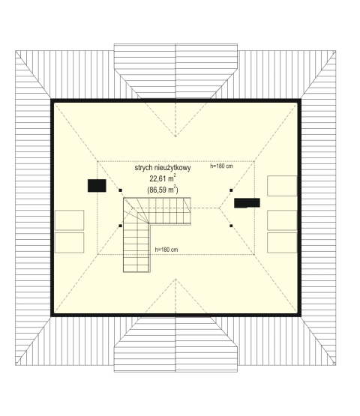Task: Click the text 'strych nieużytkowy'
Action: click(x=163, y=168)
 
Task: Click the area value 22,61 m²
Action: click(x=163, y=178)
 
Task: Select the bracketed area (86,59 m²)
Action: click(x=163, y=190)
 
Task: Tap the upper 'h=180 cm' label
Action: click(x=221, y=166)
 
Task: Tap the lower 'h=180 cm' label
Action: click(x=166, y=250)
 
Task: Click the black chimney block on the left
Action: click(x=97, y=186)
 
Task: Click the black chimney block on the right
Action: click(x=247, y=203)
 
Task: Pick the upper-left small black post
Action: click(x=121, y=190)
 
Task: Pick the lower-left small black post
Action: click(x=121, y=226)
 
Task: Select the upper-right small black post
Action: click(x=231, y=190)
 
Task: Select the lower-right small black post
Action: click(x=231, y=226)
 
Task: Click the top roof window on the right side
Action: click(x=282, y=186)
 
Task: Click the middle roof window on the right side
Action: click(x=282, y=220)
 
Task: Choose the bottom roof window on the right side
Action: click(x=282, y=243)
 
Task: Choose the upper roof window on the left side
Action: click(x=70, y=220)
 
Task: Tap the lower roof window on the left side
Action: click(x=70, y=243)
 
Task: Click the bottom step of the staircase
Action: click(x=136, y=268)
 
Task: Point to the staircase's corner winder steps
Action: click(x=136, y=211)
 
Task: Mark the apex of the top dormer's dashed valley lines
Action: click(x=175, y=136)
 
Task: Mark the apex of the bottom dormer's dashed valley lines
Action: click(x=175, y=279)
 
